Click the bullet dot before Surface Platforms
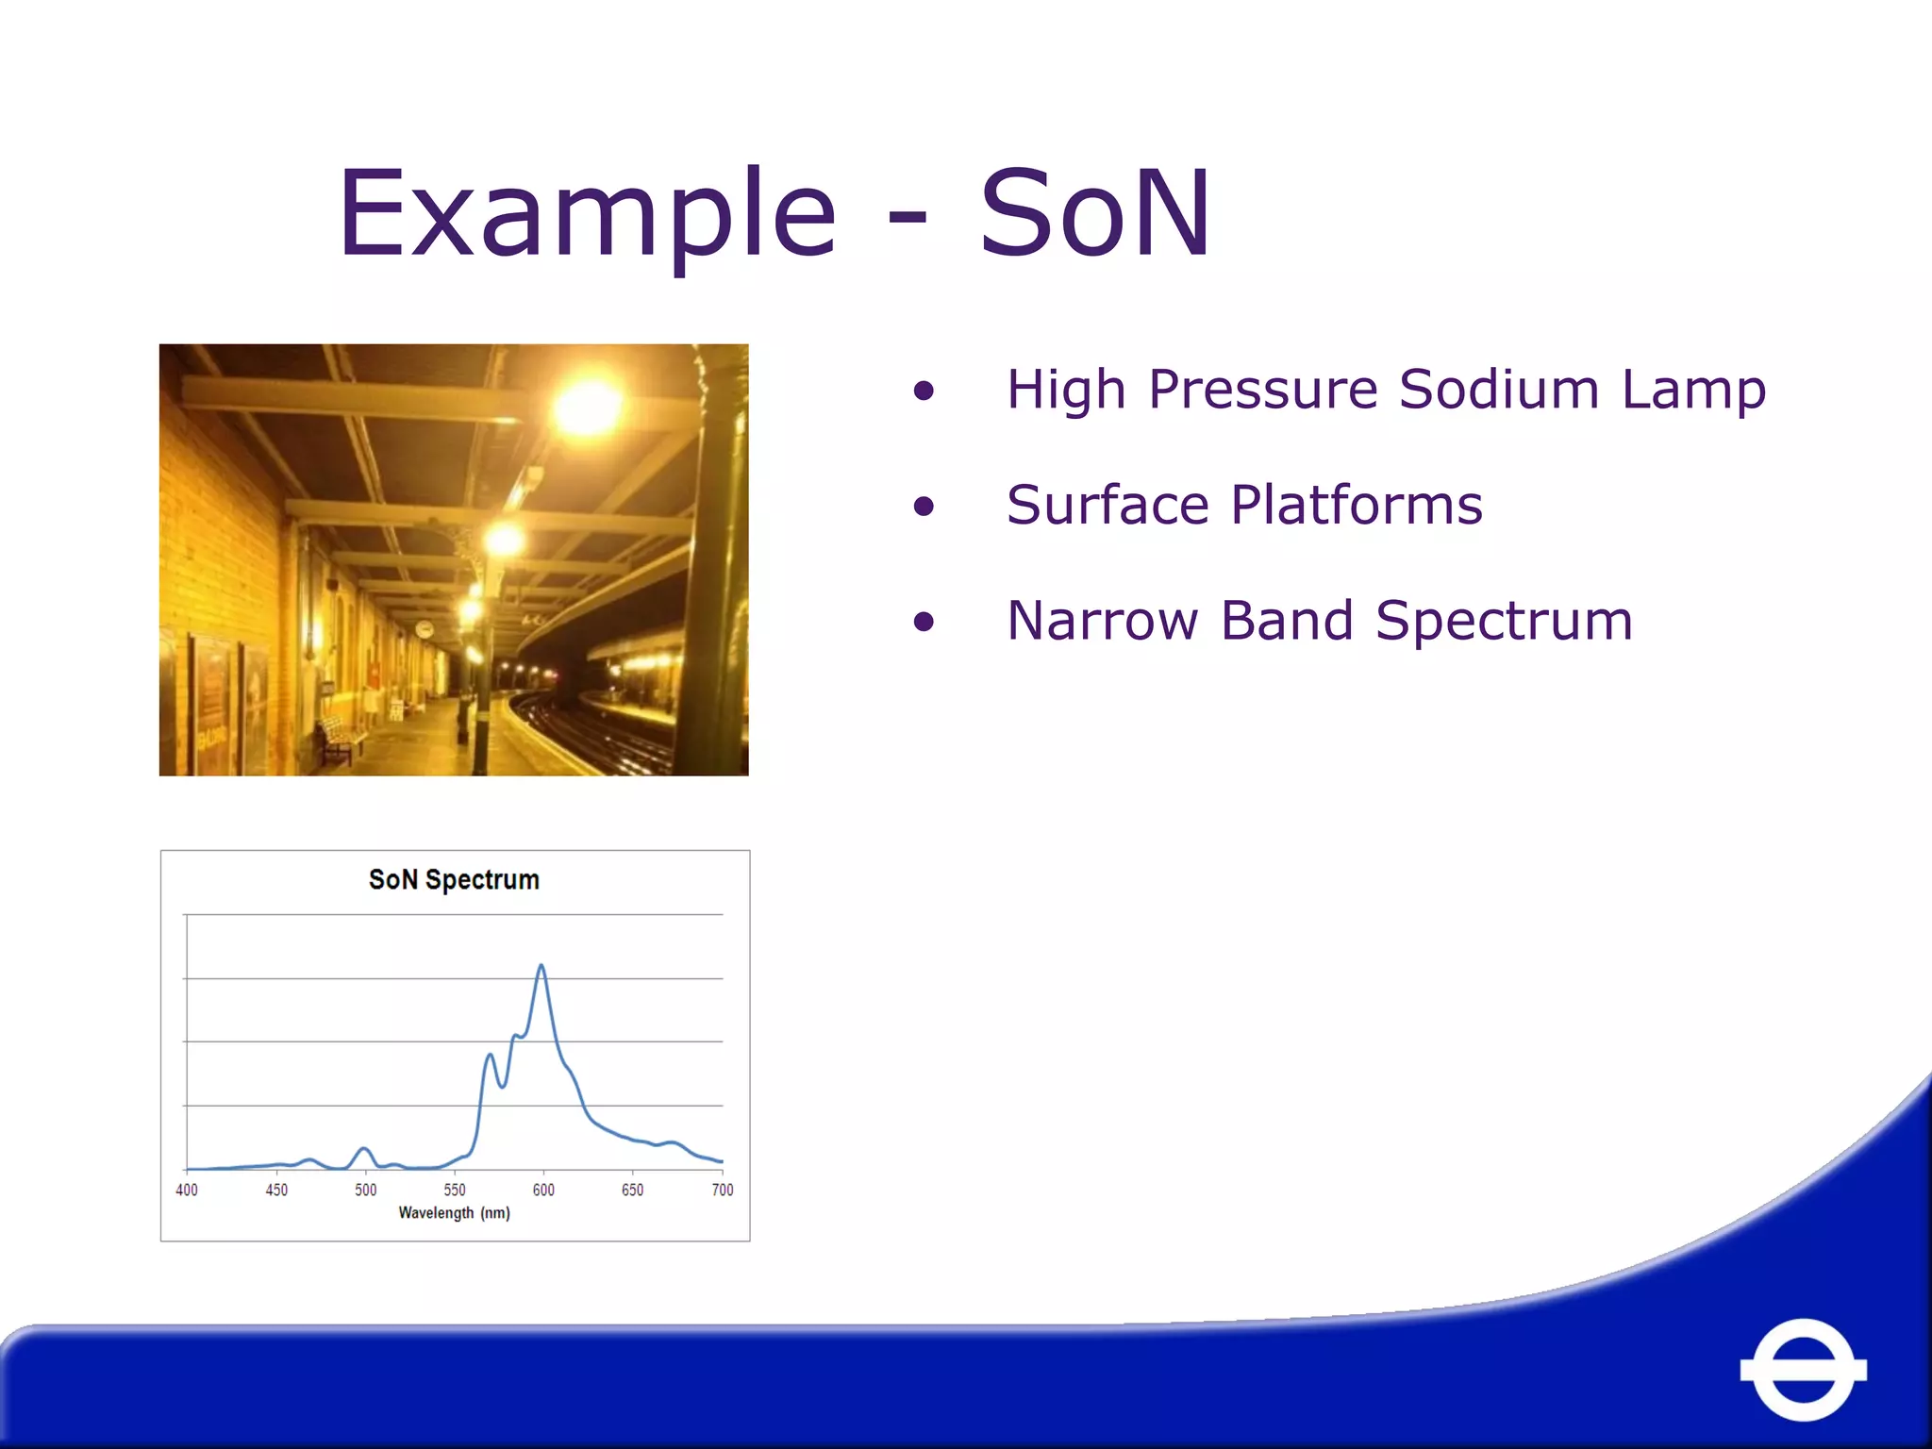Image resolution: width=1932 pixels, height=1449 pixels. pyautogui.click(x=924, y=507)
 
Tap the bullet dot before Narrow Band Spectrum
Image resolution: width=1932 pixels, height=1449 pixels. pyautogui.click(x=924, y=622)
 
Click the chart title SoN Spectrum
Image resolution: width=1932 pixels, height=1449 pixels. pyautogui.click(x=454, y=879)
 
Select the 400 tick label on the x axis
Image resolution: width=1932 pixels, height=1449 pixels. pyautogui.click(x=187, y=1190)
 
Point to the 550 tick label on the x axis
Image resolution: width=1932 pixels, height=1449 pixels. pyautogui.click(x=455, y=1190)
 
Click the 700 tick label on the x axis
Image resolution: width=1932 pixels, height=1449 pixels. pyautogui.click(x=722, y=1190)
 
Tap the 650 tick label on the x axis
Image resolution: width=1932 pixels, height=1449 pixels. pyautogui.click(x=632, y=1190)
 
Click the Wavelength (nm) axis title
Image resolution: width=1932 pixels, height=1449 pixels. pyautogui.click(x=454, y=1213)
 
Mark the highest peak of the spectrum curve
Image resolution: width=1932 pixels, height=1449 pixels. pyautogui.click(x=541, y=966)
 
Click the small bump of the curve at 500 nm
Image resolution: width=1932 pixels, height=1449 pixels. pyautogui.click(x=364, y=1149)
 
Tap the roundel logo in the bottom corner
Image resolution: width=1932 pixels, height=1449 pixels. pyautogui.click(x=1803, y=1369)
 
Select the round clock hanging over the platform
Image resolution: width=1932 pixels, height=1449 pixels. pyautogui.click(x=425, y=629)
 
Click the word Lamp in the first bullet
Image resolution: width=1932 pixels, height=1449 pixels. pyautogui.click(x=1693, y=389)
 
